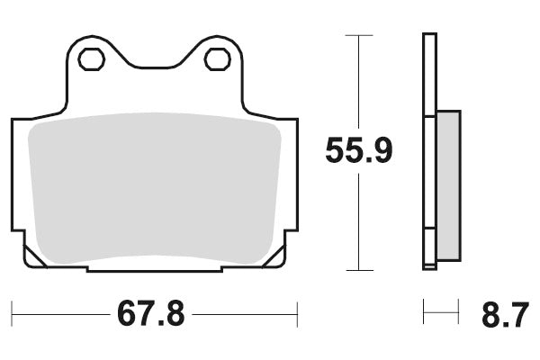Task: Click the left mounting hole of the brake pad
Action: click(90, 59)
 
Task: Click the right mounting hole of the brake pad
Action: click(216, 59)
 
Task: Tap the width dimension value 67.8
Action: click(150, 314)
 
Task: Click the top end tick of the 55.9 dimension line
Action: click(358, 36)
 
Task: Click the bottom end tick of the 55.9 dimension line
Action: click(358, 269)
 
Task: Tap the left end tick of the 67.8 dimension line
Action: click(13, 314)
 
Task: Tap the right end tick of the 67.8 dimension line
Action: click(297, 314)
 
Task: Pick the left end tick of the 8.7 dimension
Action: click(424, 314)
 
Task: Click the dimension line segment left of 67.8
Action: click(58, 314)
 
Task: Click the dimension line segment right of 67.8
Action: click(243, 314)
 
